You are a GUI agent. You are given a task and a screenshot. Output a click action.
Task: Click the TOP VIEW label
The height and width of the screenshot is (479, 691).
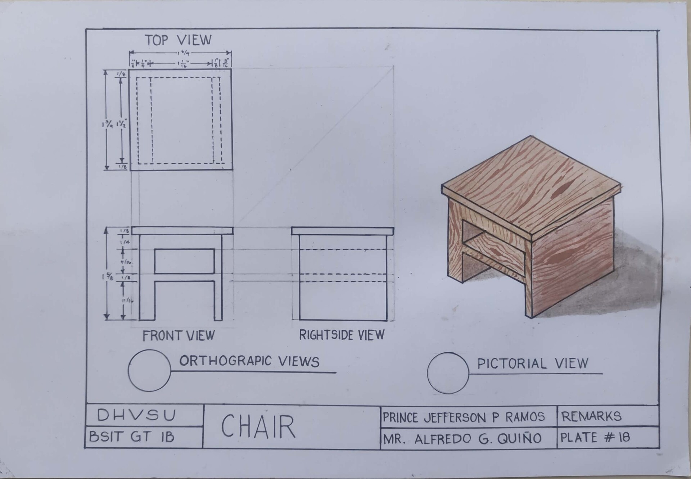(x=178, y=40)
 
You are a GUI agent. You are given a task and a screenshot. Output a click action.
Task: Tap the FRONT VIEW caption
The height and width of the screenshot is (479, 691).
(x=179, y=336)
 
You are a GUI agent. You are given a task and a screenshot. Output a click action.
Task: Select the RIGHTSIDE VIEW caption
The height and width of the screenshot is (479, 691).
(x=342, y=335)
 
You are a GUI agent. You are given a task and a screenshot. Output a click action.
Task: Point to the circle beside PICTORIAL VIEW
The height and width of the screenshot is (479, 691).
(x=448, y=373)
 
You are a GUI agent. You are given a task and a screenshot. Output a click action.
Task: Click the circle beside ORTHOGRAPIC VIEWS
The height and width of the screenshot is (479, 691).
(x=149, y=370)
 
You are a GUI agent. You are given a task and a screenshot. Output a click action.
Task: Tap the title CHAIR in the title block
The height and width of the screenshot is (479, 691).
(x=258, y=427)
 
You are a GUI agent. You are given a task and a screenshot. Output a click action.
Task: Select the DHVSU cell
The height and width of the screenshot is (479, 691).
(x=137, y=415)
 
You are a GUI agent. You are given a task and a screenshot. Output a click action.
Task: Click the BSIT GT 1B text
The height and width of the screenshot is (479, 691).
(x=132, y=437)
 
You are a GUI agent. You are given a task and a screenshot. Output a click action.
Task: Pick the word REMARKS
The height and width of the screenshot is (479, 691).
(x=591, y=416)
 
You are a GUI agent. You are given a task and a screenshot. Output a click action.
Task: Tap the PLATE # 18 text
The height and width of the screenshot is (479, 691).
(x=595, y=438)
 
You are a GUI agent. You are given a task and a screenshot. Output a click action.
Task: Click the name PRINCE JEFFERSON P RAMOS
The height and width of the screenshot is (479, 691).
(x=464, y=417)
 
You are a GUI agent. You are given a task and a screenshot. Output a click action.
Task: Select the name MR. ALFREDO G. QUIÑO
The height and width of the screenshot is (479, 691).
(x=462, y=439)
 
